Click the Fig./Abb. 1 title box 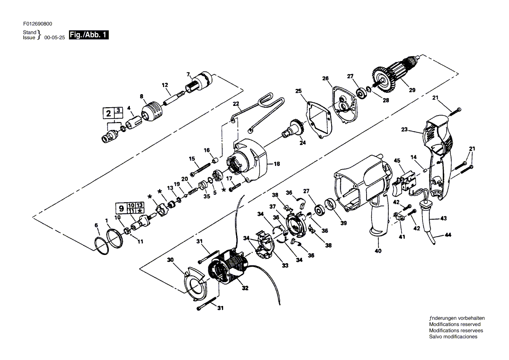(x=89, y=35)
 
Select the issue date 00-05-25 (x=54, y=38)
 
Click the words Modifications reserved (x=455, y=324)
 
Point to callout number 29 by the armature (x=412, y=90)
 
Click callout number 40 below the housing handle (x=378, y=251)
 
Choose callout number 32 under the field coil (x=245, y=288)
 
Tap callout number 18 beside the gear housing (x=276, y=164)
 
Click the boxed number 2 (x=108, y=114)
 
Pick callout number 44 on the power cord (x=448, y=235)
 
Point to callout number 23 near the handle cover (x=404, y=129)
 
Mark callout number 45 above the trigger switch (x=397, y=161)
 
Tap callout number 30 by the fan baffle (x=170, y=260)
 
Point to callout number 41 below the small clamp (x=402, y=237)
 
